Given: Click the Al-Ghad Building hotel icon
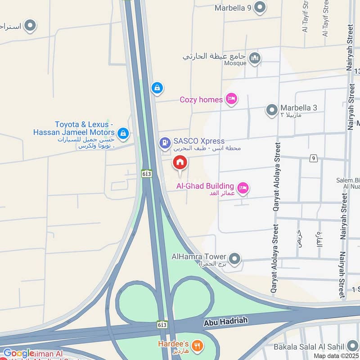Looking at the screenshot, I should click(243, 188).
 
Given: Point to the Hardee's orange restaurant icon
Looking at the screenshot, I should click(197, 346).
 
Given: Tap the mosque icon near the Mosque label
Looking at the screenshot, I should click(255, 58).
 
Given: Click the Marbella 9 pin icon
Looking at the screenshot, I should click(260, 7).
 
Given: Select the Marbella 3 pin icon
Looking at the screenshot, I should click(272, 110).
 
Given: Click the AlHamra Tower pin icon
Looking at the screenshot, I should click(234, 259).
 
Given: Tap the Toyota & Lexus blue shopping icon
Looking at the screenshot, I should click(122, 133).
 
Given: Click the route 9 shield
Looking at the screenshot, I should click(313, 158).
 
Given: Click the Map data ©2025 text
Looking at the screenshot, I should click(336, 356).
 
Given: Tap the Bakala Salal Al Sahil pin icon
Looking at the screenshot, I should click(351, 346).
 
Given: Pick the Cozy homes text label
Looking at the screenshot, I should click(201, 99).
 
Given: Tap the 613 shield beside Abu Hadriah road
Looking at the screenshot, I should click(162, 324).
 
